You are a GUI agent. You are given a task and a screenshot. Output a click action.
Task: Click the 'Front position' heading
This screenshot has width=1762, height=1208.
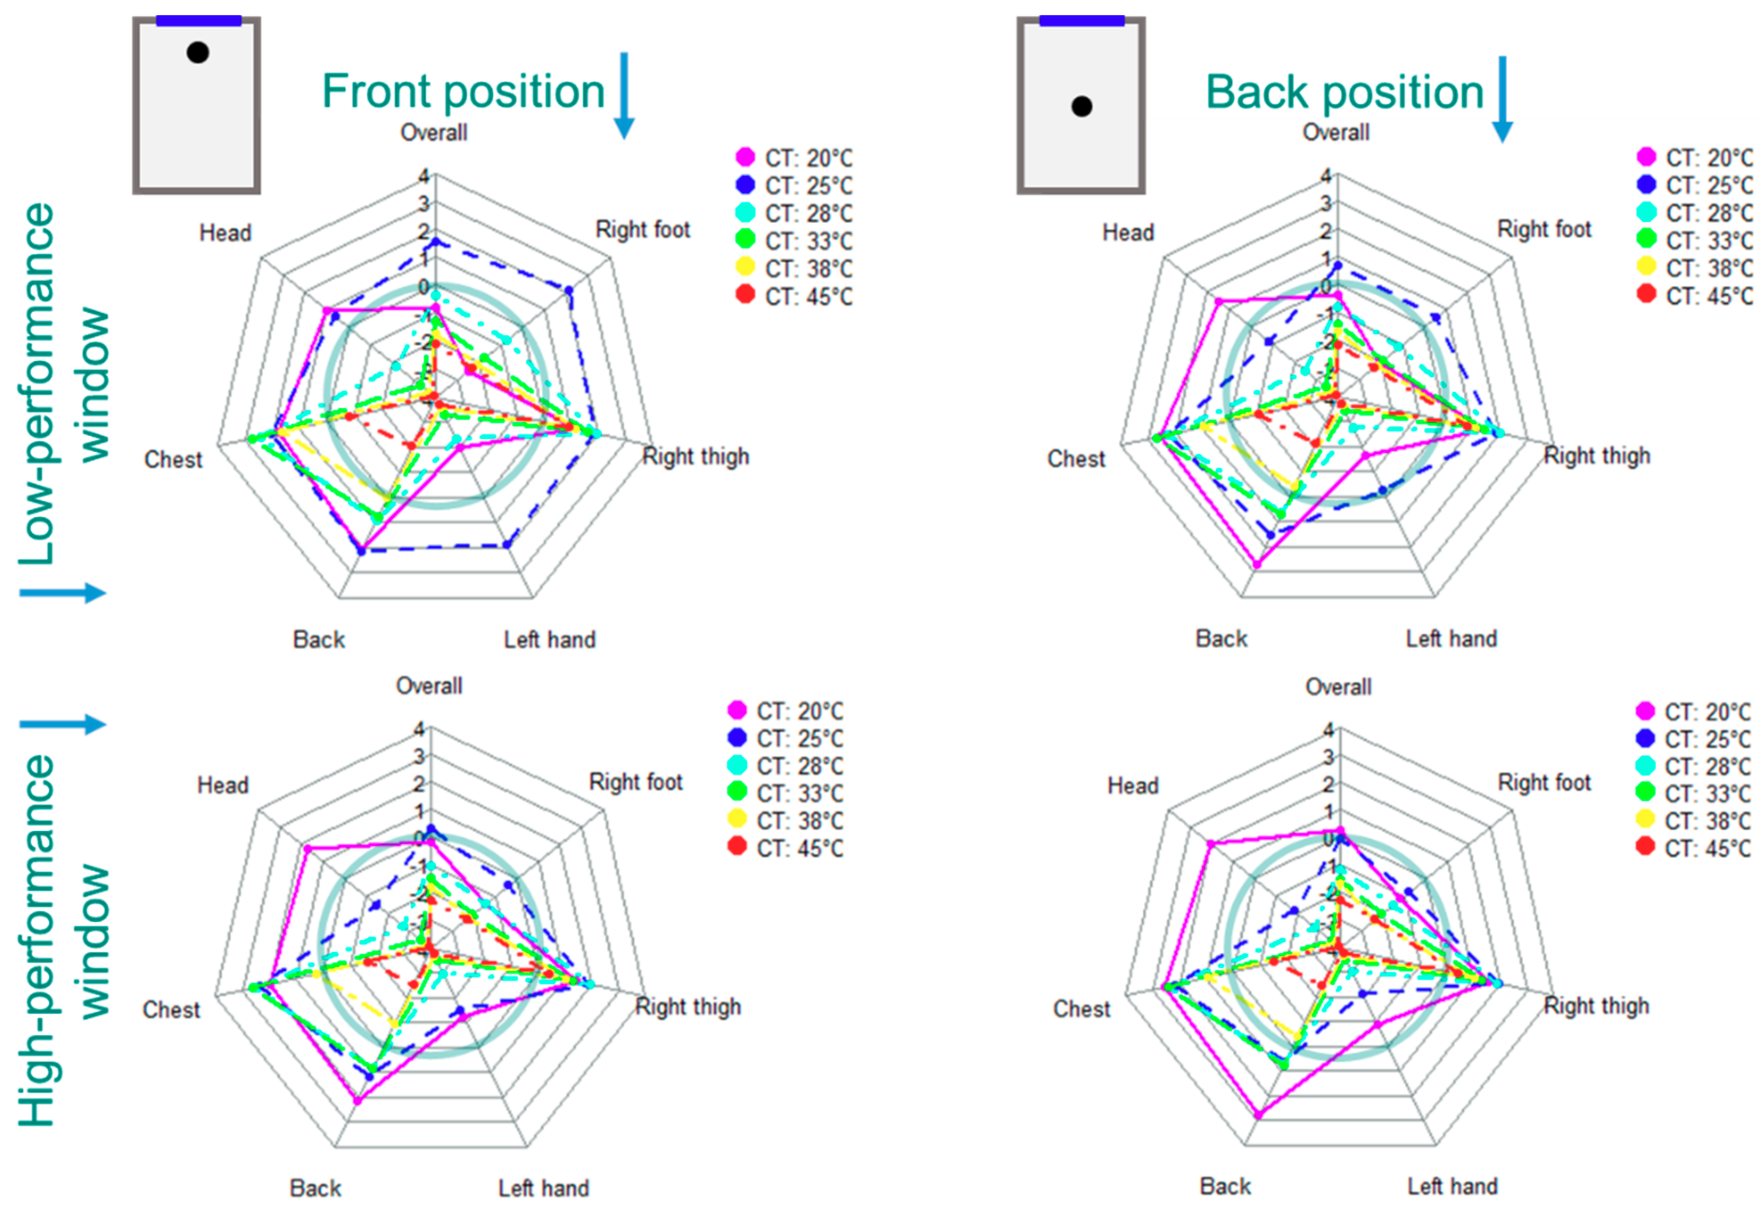463,92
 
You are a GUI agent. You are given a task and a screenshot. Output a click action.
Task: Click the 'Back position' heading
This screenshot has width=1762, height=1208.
1344,93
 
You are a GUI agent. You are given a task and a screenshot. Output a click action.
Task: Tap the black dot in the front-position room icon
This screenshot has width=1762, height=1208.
198,52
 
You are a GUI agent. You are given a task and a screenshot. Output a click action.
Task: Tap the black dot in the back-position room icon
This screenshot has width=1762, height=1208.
1082,106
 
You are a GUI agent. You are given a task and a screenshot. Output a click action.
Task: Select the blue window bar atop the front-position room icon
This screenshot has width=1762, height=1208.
198,20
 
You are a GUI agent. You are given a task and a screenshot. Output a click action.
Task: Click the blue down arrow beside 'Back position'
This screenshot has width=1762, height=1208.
1502,98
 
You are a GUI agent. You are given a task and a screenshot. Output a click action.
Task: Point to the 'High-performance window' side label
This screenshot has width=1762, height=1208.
65,940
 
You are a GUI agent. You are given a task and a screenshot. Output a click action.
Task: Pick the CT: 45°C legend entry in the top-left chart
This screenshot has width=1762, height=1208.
794,296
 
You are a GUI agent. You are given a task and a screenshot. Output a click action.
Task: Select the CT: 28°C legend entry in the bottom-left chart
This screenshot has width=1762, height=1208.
786,766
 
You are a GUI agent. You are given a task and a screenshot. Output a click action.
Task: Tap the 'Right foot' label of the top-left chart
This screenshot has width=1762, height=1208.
643,229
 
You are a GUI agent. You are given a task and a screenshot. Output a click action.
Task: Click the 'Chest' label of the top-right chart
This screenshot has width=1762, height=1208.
1076,459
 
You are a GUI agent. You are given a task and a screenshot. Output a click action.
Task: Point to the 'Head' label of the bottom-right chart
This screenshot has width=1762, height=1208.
1133,786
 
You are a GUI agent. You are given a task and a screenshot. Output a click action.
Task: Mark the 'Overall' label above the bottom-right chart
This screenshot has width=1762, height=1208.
1338,687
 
